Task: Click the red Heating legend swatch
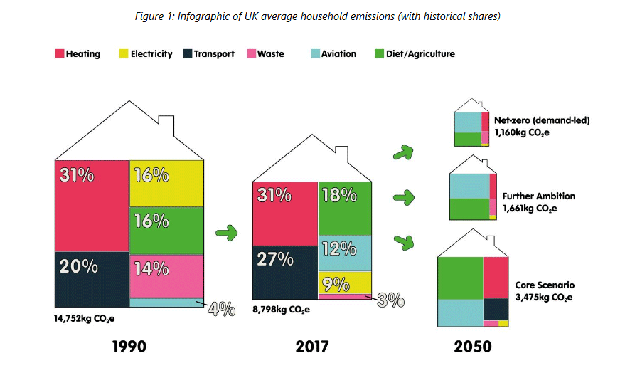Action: [60, 54]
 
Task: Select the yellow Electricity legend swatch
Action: [124, 54]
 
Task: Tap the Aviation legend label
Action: [338, 54]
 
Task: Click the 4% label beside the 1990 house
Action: [221, 309]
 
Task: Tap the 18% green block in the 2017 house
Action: [344, 207]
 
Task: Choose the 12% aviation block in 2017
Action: [344, 252]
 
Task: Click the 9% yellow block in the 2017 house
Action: [344, 282]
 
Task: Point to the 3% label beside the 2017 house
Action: [390, 300]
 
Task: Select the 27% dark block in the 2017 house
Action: [284, 271]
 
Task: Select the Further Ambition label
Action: [538, 196]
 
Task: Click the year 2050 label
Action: [471, 347]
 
